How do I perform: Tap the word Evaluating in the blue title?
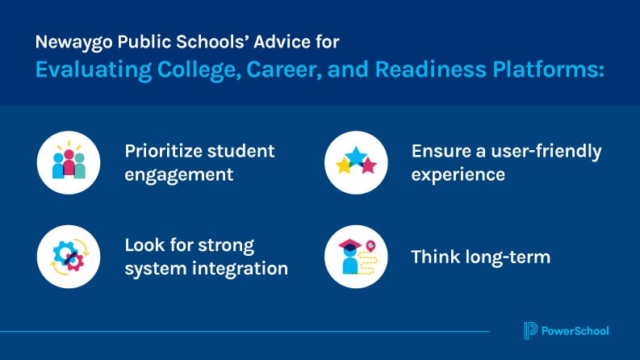pos(94,69)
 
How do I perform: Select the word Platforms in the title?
pos(548,69)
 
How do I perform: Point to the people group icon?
pos(69,162)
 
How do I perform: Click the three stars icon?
pos(356,161)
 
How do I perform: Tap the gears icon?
pos(69,257)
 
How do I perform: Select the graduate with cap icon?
pos(349,257)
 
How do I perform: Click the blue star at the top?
pos(356,156)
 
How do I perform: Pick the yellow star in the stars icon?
pos(344,165)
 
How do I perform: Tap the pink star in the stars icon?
pos(369,165)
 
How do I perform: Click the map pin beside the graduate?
pos(370,246)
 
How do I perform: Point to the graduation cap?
pos(349,245)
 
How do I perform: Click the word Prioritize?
pos(163,152)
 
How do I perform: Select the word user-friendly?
pos(546,152)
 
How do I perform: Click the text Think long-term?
pos(481,257)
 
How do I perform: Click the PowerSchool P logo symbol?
pos(530,331)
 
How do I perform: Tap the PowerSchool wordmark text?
pos(575,331)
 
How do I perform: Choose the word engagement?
pos(179,175)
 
